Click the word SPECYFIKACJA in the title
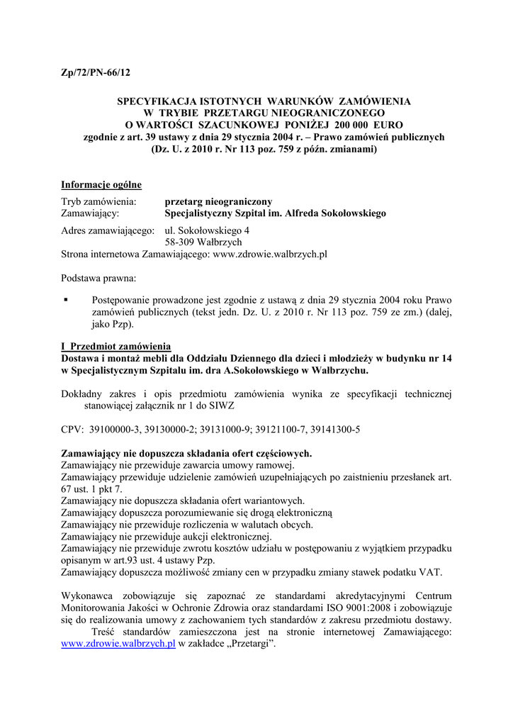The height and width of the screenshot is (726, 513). pyautogui.click(x=152, y=101)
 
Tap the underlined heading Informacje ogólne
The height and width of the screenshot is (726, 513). pyautogui.click(x=101, y=185)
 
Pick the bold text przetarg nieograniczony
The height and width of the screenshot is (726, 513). pyautogui.click(x=218, y=201)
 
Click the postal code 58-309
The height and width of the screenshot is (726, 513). pyautogui.click(x=181, y=242)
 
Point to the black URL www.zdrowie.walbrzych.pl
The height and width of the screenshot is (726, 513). pyautogui.click(x=270, y=254)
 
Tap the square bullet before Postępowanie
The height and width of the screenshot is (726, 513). pyautogui.click(x=66, y=299)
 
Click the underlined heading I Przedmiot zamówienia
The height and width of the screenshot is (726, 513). pyautogui.click(x=116, y=346)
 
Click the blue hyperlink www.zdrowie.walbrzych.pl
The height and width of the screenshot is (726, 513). pyautogui.click(x=118, y=644)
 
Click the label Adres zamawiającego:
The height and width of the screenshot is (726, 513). pyautogui.click(x=108, y=230)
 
